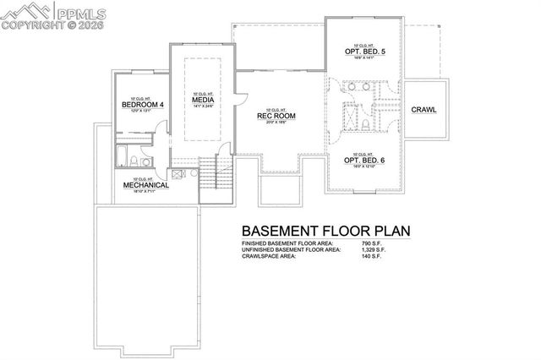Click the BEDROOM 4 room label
(142, 104)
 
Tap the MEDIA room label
(202, 100)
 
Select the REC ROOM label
(275, 117)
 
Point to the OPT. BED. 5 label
(364, 50)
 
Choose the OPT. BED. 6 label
(364, 160)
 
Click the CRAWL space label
(424, 110)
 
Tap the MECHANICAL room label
(145, 184)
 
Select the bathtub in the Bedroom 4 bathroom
(123, 158)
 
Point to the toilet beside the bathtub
(145, 160)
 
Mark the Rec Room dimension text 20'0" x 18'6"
(275, 123)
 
